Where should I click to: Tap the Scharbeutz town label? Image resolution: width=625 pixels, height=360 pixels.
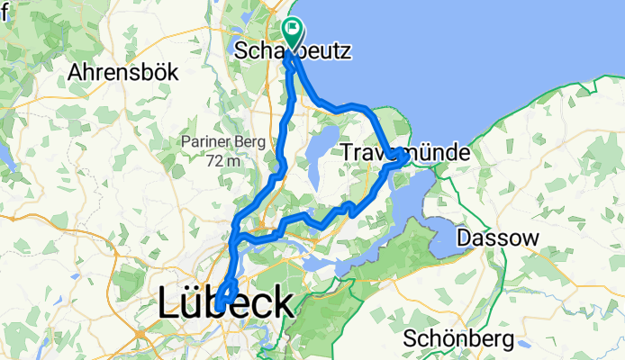292,51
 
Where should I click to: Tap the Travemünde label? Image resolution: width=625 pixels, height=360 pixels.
405,154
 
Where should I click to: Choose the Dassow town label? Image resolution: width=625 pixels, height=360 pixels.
498,238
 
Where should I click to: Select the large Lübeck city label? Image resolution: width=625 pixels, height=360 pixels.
225,303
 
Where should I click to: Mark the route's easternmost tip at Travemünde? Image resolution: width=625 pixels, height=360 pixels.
403,155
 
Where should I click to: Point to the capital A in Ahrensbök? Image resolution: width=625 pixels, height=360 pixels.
77,71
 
